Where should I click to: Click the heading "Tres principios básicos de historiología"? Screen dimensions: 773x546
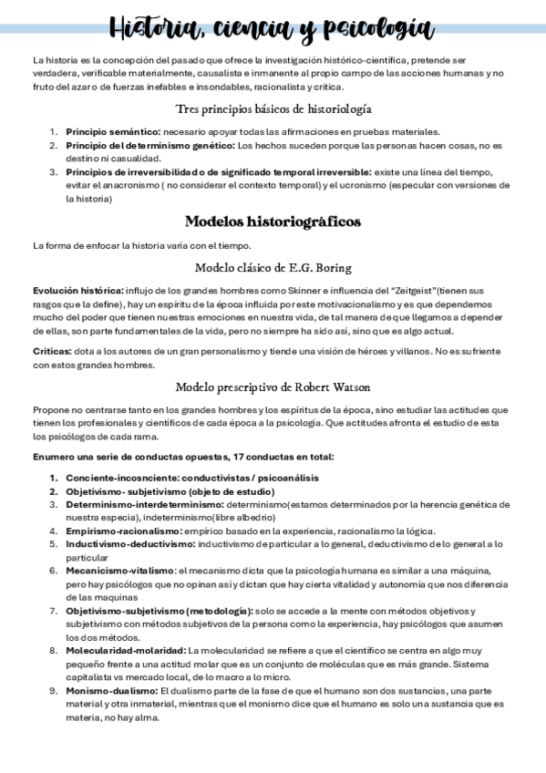tap(273, 109)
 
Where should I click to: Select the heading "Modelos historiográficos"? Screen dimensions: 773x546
tap(273, 222)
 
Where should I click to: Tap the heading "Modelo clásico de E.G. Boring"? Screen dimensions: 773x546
tap(273, 268)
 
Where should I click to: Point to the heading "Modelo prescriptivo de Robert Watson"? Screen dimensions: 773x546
tap(273, 386)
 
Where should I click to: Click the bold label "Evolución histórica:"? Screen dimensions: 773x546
tap(77, 290)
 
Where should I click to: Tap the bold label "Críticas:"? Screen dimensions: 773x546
tap(53, 351)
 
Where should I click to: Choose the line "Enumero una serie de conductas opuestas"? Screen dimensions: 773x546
tap(182, 457)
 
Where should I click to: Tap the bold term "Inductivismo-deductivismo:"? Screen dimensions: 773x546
tap(129, 544)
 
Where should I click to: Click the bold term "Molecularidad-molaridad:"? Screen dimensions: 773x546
tap(125, 651)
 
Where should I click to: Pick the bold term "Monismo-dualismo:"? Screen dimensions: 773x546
tap(110, 691)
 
